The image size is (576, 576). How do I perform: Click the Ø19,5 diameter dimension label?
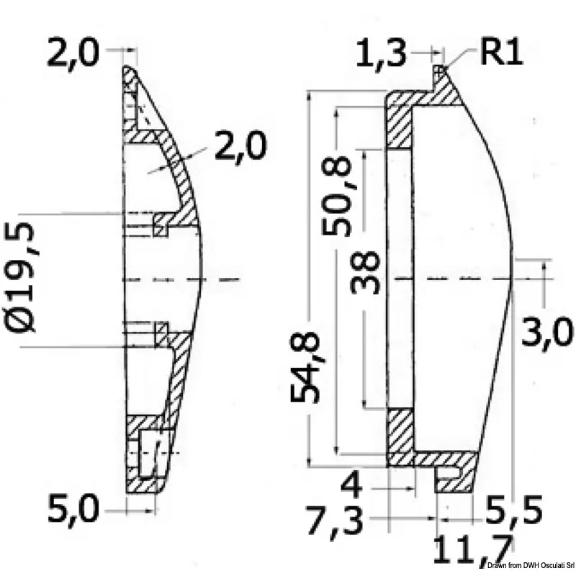[x=20, y=278]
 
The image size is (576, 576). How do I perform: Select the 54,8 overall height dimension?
[x=305, y=366]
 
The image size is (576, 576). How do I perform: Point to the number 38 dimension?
[x=364, y=272]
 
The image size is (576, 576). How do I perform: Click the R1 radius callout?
[x=501, y=52]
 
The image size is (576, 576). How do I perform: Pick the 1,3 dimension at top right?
[x=381, y=54]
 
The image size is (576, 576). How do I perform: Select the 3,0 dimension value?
[x=546, y=333]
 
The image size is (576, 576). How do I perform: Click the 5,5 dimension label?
[x=514, y=510]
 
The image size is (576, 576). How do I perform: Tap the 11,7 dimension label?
[x=473, y=550]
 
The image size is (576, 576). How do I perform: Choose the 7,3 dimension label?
[x=335, y=521]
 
